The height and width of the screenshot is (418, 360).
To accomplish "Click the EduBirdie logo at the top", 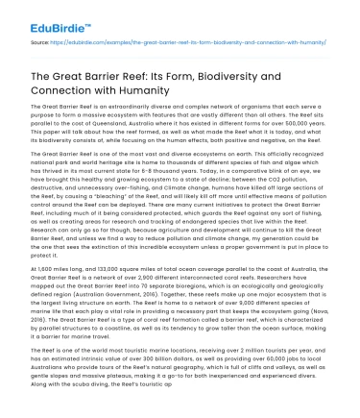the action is (35, 16).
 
